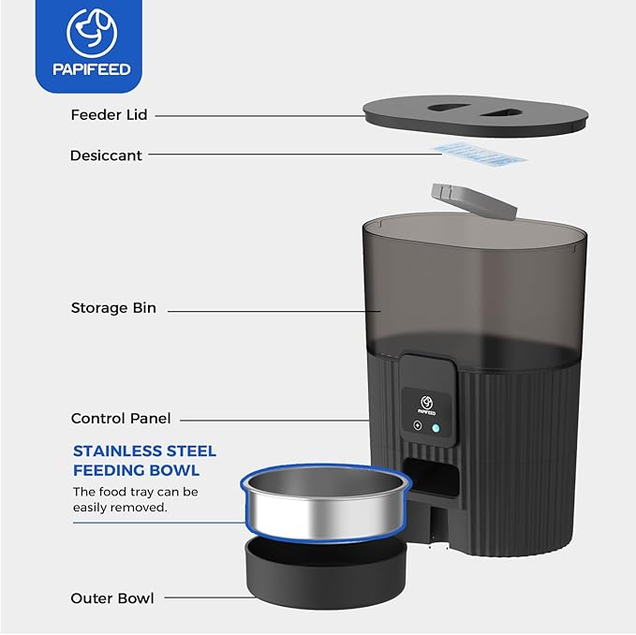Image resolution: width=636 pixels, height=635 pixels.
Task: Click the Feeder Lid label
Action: pyautogui.click(x=109, y=115)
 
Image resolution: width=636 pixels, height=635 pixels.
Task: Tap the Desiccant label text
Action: pyautogui.click(x=106, y=155)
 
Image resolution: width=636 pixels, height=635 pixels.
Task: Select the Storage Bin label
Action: pyautogui.click(x=112, y=308)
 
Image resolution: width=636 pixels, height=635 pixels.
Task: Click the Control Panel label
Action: pyautogui.click(x=121, y=419)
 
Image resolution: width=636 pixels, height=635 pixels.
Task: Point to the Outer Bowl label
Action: pyautogui.click(x=112, y=598)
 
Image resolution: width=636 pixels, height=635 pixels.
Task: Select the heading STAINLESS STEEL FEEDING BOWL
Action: pyautogui.click(x=144, y=461)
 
